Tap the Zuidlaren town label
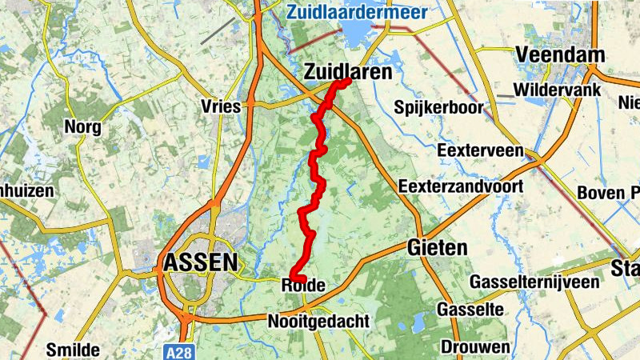(349, 72)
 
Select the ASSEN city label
(200, 262)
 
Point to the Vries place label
(223, 106)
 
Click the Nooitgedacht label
(318, 321)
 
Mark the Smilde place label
(73, 350)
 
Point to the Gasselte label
(470, 309)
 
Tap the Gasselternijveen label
(534, 282)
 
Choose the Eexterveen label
(480, 150)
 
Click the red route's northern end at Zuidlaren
(348, 82)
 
